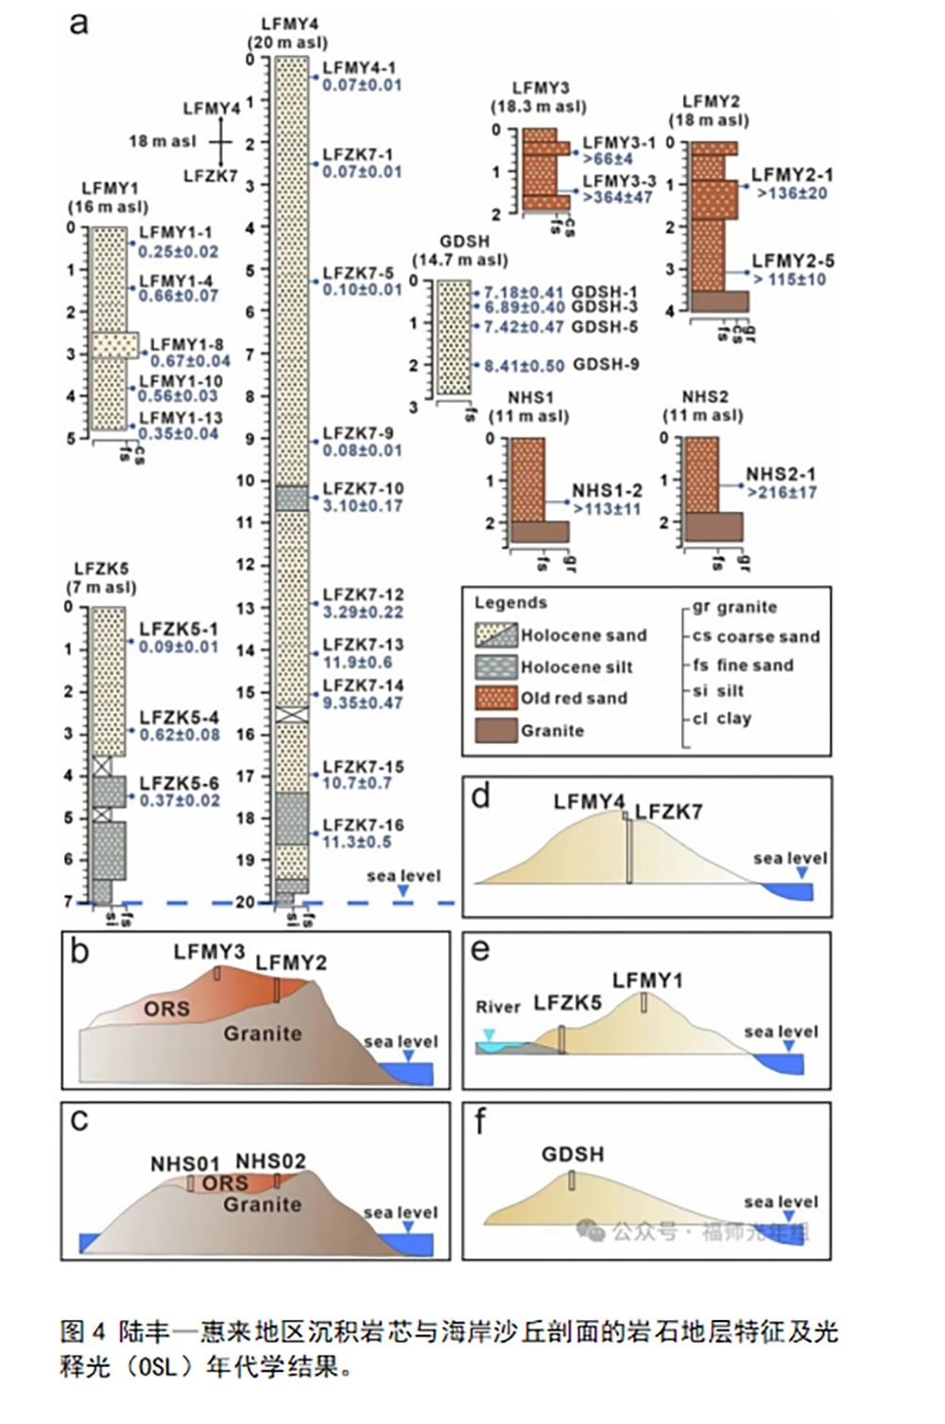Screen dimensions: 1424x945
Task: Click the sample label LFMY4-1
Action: point(359,68)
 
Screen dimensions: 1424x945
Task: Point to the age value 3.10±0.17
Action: point(363,506)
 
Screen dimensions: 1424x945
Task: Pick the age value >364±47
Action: point(617,198)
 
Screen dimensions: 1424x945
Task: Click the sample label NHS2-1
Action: point(781,475)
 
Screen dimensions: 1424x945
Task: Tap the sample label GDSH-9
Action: point(606,365)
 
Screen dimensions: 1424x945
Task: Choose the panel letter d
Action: point(481,797)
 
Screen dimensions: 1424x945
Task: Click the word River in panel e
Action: point(498,1008)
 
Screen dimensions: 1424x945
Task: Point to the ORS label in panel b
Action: point(166,1010)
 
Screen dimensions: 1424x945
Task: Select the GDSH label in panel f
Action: point(573,1155)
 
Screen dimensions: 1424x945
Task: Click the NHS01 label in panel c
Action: point(185,1164)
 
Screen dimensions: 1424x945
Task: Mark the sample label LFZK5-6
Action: point(179,784)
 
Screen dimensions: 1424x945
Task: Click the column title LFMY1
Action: point(110,189)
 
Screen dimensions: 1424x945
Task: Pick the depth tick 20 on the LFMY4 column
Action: point(246,903)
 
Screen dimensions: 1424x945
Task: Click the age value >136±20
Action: point(792,193)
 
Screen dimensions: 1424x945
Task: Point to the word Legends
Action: point(510,603)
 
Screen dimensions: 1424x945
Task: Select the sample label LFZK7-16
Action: point(363,825)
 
